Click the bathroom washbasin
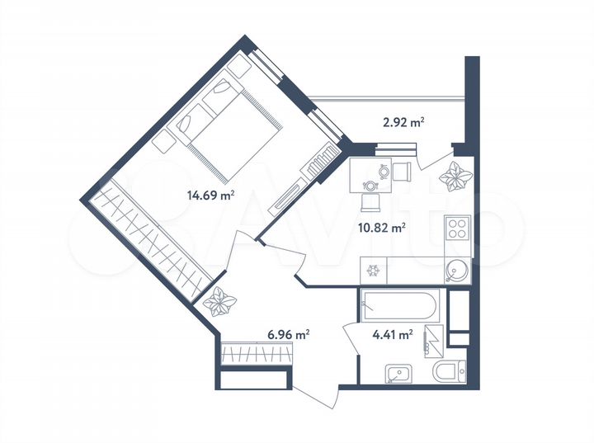click(398, 375)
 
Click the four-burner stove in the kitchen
click(456, 229)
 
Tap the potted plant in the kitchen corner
click(453, 176)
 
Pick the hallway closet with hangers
click(257, 354)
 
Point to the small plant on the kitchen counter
click(373, 270)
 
